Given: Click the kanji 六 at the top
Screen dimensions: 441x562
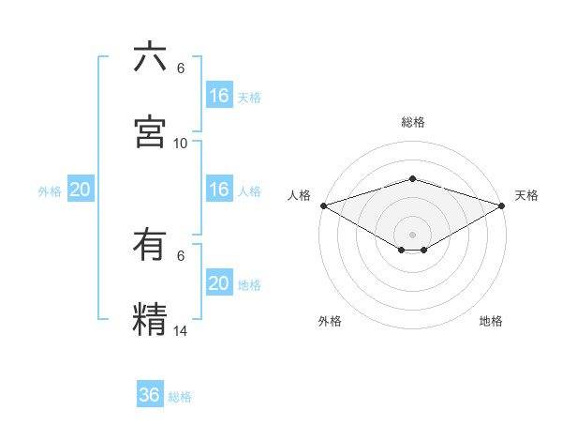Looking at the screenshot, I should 150,57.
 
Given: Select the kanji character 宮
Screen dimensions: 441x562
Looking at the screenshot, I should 150,131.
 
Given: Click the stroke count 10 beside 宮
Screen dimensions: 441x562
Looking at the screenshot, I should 181,143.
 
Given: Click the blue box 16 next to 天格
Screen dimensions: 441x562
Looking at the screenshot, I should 219,96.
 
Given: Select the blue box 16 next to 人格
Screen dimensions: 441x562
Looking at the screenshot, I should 219,190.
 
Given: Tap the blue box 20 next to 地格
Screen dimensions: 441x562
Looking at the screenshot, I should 219,283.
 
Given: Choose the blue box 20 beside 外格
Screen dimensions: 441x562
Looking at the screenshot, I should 81,190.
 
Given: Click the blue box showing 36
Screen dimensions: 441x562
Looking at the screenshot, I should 150,395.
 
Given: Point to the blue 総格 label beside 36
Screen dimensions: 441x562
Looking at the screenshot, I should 180,396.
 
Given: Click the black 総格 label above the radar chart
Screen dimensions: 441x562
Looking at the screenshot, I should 412,122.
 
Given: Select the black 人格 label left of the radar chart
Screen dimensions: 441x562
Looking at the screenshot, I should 300,195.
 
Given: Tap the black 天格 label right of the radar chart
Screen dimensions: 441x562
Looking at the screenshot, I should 526,195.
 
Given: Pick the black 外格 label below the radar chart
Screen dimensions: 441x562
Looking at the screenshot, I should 330,321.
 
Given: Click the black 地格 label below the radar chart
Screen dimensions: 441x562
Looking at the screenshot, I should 491,321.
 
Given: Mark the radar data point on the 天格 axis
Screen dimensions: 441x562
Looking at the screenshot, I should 502,205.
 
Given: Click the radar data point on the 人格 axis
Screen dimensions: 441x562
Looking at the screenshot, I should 322,205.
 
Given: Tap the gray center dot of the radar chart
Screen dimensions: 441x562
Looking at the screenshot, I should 412,234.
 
